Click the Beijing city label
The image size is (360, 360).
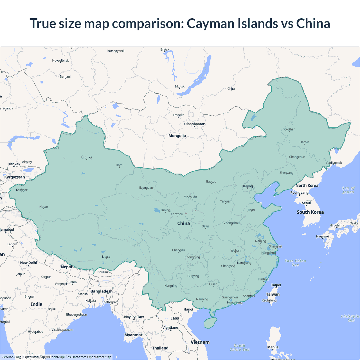[x=247, y=186]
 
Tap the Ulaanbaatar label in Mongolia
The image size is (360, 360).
[x=194, y=124]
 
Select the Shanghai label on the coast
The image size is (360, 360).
[x=275, y=246]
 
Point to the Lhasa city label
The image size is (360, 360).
[x=106, y=256]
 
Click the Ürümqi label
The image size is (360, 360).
[x=87, y=157]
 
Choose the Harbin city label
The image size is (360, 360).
[x=304, y=142]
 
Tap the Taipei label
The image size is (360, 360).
[x=276, y=285]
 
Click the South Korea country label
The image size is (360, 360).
[x=310, y=212]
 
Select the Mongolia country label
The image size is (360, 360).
[x=177, y=136]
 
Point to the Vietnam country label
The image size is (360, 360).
[x=200, y=342]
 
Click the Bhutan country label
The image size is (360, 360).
[x=103, y=272]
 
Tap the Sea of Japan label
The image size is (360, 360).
[x=348, y=190]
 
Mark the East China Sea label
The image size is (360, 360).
[x=295, y=263]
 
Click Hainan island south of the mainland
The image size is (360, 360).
[x=210, y=323]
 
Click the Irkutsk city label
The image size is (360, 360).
[x=179, y=86]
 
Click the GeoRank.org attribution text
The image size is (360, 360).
[x=11, y=357]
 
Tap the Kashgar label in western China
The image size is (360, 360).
[x=22, y=190]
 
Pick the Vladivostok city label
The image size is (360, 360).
[x=334, y=163]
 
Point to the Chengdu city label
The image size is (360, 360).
[x=178, y=250]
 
